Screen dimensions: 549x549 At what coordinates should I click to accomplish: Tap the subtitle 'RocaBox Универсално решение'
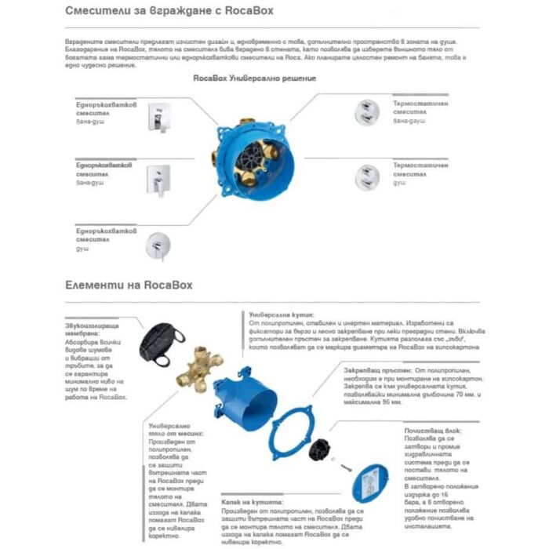click(254, 79)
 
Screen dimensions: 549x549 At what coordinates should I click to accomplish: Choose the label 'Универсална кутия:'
click(275, 311)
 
